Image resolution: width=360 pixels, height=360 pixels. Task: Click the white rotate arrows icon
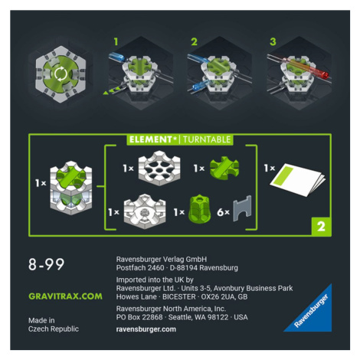click(61, 74)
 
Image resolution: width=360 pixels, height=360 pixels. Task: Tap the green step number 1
click(116, 41)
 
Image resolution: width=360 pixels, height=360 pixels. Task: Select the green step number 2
click(194, 41)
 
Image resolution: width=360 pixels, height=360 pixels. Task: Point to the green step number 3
click(273, 41)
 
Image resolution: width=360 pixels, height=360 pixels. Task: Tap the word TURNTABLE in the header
click(207, 139)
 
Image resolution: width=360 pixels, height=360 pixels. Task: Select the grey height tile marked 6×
click(242, 208)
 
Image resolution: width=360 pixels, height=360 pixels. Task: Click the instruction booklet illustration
click(298, 180)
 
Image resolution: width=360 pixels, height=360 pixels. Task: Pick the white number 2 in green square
click(321, 227)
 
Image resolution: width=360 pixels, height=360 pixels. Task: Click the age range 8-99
click(46, 264)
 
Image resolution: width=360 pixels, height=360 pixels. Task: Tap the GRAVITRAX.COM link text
click(65, 296)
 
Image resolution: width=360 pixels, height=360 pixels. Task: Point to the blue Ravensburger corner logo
click(314, 313)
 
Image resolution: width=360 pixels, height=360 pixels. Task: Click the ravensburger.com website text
click(146, 329)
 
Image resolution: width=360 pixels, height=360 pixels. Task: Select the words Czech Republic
click(54, 329)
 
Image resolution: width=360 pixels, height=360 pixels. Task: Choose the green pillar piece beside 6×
click(199, 209)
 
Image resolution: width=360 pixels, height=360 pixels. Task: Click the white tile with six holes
click(159, 168)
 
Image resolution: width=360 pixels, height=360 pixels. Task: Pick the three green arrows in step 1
click(112, 90)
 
